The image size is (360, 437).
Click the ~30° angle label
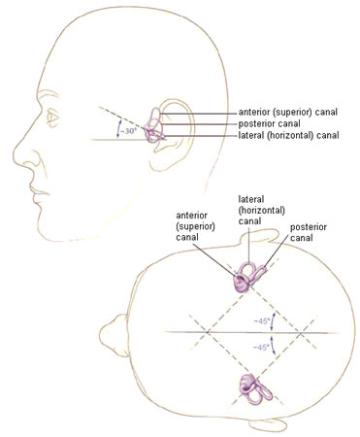tap(128, 132)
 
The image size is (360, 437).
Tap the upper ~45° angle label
tap(261, 321)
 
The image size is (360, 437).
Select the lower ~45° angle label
tap(261, 348)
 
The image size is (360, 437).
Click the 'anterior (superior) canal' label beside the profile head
tap(288, 112)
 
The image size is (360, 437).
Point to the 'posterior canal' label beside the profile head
tap(270, 123)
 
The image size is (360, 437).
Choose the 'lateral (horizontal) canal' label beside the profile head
tap(288, 135)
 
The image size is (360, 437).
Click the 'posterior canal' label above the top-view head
tap(309, 232)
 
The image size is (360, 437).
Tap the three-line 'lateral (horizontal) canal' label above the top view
tap(261, 210)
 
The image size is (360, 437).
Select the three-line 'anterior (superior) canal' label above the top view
tap(195, 226)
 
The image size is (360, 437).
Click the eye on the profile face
tap(52, 117)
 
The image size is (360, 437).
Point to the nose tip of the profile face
tap(15, 152)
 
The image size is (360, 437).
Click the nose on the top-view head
tap(110, 331)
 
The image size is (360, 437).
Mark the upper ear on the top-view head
tap(259, 236)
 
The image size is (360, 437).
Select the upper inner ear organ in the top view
tap(248, 277)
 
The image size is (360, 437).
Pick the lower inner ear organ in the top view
tap(255, 388)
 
